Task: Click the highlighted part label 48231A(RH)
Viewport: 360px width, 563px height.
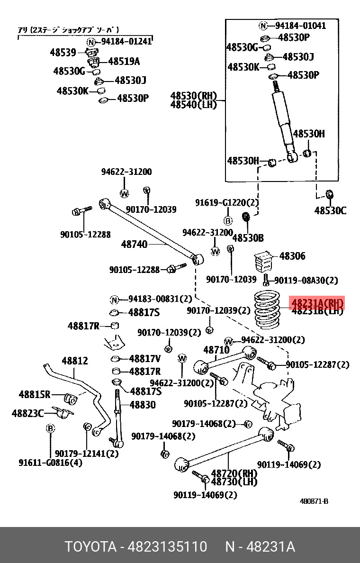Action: [316, 303]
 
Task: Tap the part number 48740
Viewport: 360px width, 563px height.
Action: [134, 245]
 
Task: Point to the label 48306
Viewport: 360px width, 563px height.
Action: [292, 256]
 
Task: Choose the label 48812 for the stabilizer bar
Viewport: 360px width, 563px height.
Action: [74, 361]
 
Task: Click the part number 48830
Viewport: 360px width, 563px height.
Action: [143, 405]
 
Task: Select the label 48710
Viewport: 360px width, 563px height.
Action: [216, 350]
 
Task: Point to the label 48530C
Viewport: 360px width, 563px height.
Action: [330, 210]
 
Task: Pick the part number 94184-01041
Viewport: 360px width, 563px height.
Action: [300, 26]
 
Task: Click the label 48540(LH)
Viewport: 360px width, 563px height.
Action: [194, 105]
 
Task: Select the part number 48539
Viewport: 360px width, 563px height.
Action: [63, 52]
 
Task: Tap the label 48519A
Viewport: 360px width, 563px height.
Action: [124, 62]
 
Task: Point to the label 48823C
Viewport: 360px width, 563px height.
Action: [27, 413]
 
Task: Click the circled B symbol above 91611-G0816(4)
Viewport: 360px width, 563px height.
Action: [50, 429]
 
